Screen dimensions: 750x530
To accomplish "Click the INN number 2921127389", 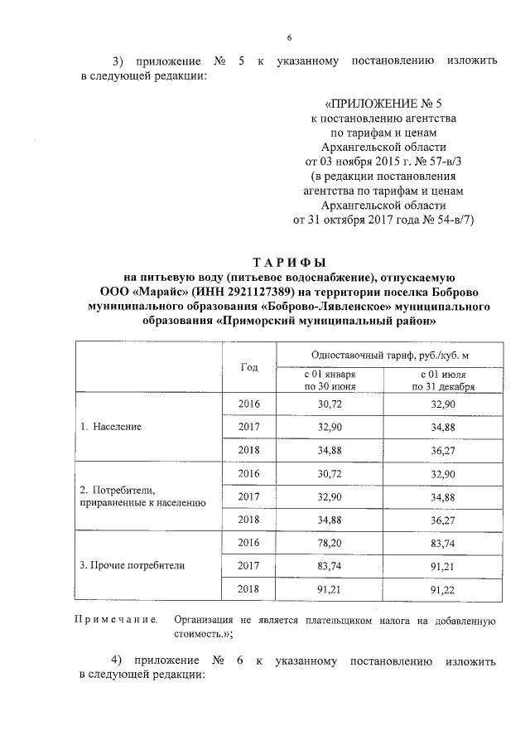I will [x=256, y=292].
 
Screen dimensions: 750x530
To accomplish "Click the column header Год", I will [x=248, y=367].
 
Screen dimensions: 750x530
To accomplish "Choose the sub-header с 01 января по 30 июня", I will [x=330, y=380].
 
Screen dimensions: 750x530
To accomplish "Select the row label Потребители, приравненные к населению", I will [x=137, y=496].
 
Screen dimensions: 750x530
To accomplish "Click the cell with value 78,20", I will [x=330, y=542].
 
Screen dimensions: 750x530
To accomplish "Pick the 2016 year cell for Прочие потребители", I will [x=248, y=542].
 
